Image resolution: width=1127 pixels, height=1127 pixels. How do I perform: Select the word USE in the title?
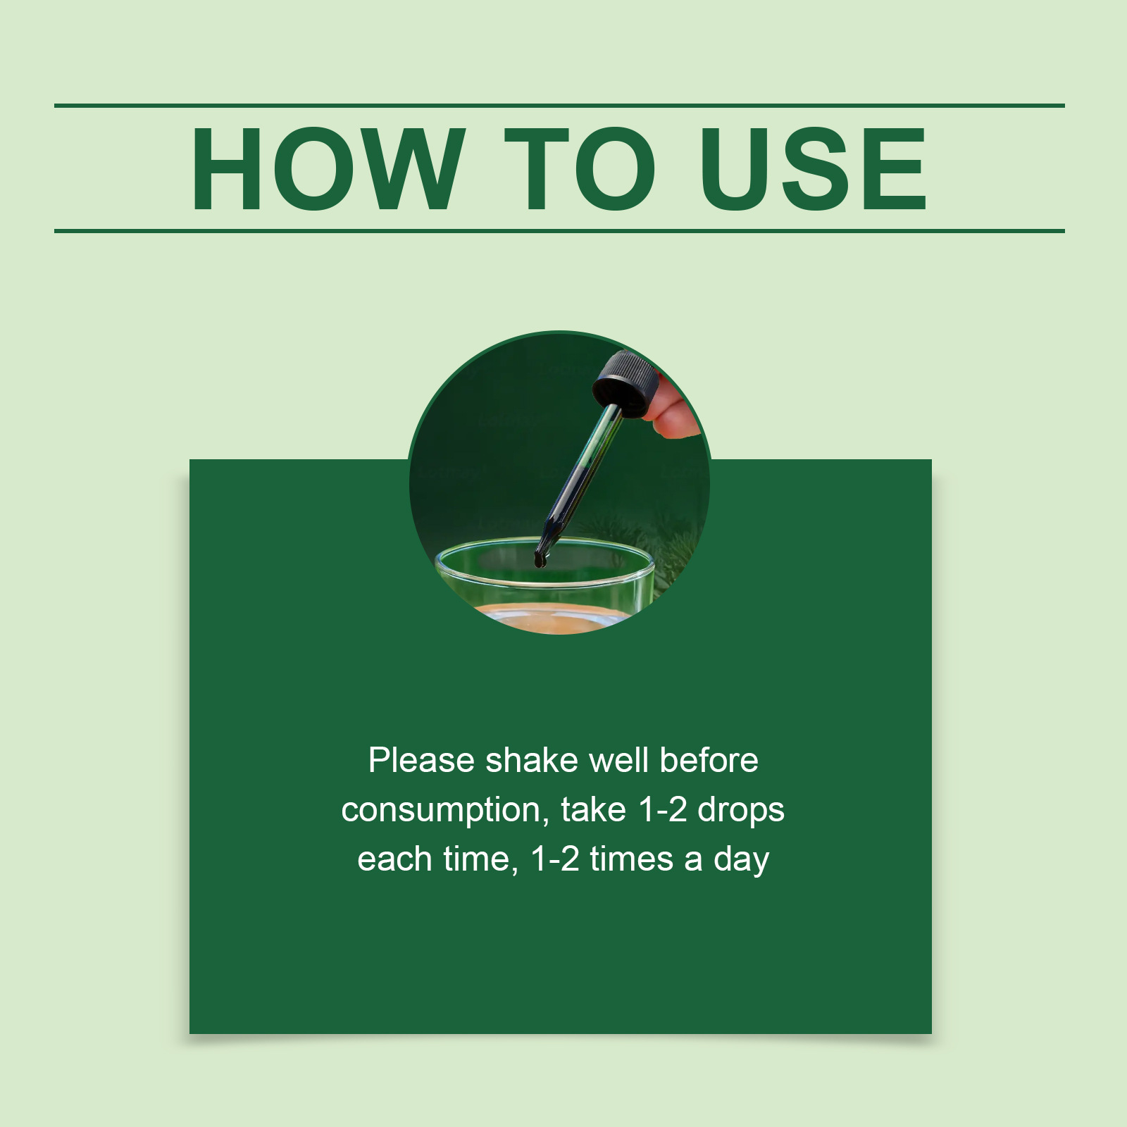(x=813, y=169)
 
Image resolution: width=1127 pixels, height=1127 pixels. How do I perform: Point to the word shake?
(x=533, y=761)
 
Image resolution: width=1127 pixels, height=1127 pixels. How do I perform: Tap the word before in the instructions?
(x=709, y=761)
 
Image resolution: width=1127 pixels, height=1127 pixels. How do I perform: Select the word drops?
(x=741, y=811)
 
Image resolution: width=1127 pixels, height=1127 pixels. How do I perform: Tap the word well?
(x=619, y=761)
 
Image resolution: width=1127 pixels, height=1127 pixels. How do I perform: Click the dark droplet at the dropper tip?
(x=540, y=560)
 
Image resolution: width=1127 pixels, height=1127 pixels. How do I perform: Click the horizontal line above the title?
(x=559, y=106)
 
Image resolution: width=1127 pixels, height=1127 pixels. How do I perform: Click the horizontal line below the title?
(x=559, y=230)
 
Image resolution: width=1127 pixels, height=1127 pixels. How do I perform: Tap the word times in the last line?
(x=632, y=859)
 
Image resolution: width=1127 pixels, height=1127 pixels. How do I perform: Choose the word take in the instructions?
(x=593, y=810)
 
